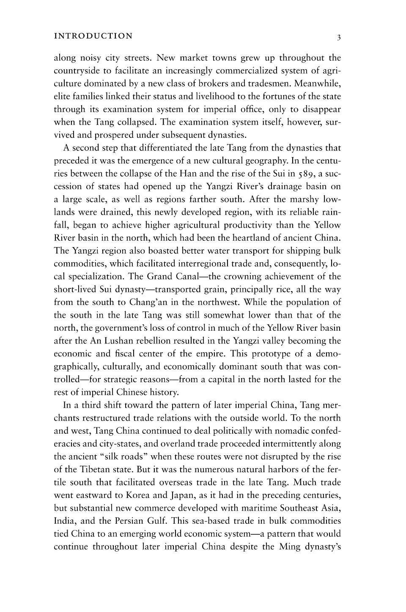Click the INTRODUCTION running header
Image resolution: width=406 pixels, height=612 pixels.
click(93, 36)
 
